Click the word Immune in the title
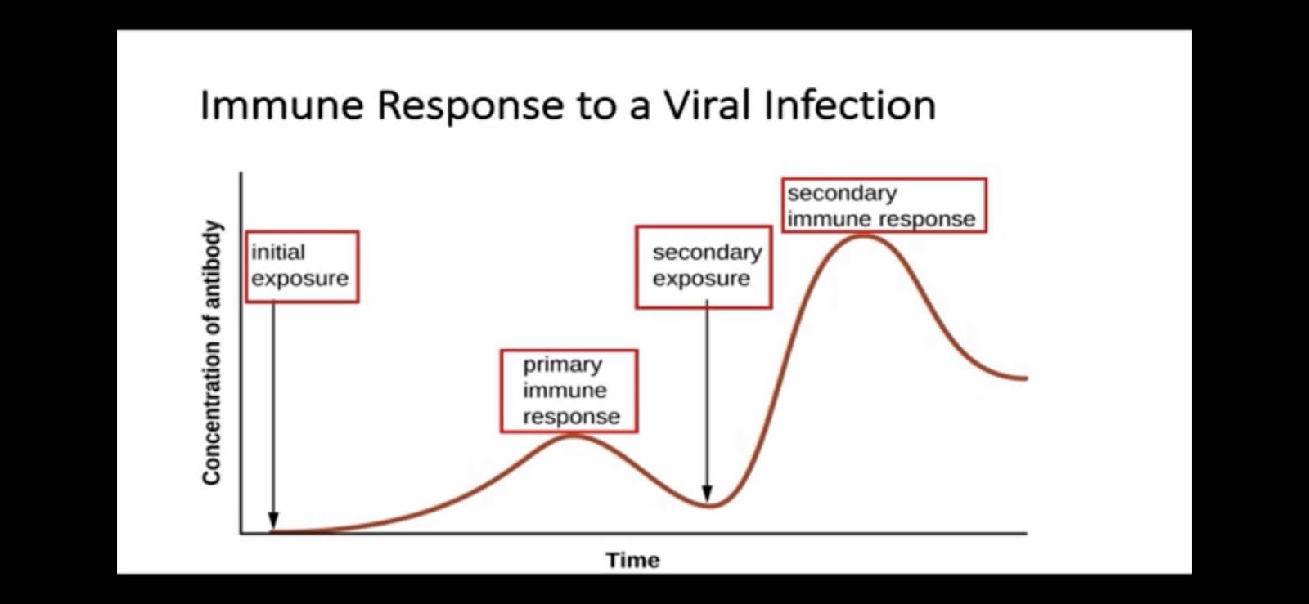tap(281, 105)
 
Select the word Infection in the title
tap(850, 105)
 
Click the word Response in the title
tap(470, 107)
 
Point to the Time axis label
tap(633, 560)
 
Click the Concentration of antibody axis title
tap(212, 352)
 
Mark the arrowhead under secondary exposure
tap(707, 493)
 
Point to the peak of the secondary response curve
tap(864, 235)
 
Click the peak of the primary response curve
tap(573, 436)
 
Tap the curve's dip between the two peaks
tap(709, 505)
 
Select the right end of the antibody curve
tap(1026, 378)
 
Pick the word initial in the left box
tap(278, 253)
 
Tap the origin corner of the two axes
tap(241, 533)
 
